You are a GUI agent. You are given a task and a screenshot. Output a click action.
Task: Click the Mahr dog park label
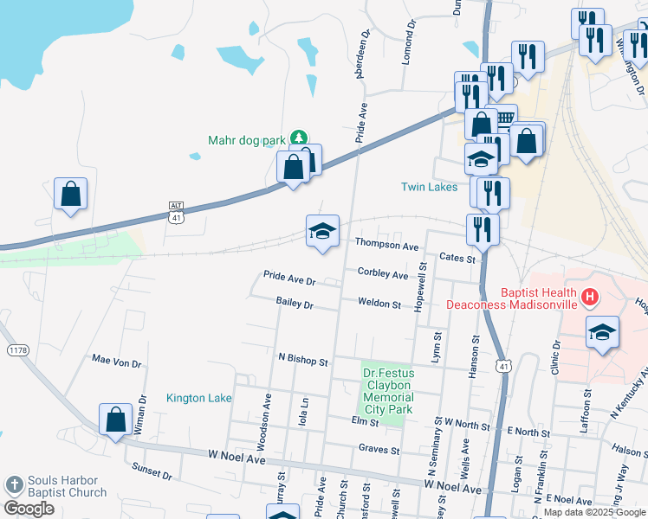247,139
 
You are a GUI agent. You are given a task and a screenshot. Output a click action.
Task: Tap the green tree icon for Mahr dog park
298,138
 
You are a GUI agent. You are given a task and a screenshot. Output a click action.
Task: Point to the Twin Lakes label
429,187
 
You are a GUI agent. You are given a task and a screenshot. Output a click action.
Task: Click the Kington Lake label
199,398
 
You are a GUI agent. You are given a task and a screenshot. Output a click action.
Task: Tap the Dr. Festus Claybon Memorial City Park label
387,390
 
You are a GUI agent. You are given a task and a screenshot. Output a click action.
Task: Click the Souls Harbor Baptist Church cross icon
14,485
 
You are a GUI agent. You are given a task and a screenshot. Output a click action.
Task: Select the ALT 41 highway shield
177,212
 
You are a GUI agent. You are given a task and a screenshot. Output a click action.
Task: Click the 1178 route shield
17,349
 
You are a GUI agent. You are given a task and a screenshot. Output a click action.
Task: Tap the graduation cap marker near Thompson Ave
322,231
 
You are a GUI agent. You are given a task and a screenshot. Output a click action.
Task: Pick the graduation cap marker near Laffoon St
602,332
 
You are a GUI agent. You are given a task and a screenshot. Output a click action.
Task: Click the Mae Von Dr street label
116,359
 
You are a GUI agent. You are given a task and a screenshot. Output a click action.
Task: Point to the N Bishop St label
303,357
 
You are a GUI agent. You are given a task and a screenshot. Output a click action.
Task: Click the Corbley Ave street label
382,274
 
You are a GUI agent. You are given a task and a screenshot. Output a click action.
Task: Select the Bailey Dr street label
295,303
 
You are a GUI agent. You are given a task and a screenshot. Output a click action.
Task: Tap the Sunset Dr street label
152,471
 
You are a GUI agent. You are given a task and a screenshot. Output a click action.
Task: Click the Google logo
29,509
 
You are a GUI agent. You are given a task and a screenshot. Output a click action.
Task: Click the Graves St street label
379,450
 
